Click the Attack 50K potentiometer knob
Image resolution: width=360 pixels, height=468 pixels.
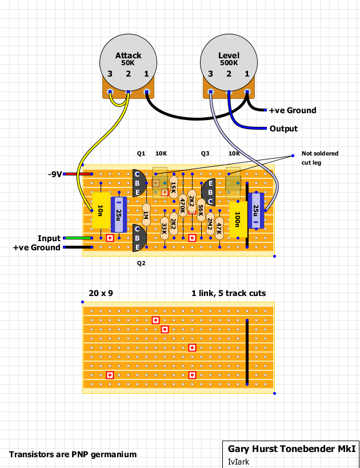pyautogui.click(x=128, y=63)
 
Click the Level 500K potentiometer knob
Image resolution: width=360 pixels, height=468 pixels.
pyautogui.click(x=229, y=63)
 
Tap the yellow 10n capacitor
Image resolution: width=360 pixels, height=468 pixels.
pyautogui.click(x=101, y=210)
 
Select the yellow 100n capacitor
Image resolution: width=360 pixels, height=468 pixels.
pyautogui.click(x=238, y=219)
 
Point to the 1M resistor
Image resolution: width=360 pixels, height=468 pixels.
pyautogui.click(x=146, y=215)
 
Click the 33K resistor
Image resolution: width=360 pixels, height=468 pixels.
pyautogui.click(x=165, y=229)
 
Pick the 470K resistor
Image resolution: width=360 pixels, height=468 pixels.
pyautogui.click(x=183, y=205)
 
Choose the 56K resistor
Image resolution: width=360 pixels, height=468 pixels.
pyautogui.click(x=201, y=210)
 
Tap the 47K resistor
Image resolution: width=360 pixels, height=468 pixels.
pyautogui.click(x=219, y=229)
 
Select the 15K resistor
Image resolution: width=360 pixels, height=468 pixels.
pyautogui.click(x=174, y=187)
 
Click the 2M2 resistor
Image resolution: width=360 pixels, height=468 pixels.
pyautogui.click(x=210, y=224)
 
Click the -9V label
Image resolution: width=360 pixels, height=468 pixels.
pyautogui.click(x=55, y=174)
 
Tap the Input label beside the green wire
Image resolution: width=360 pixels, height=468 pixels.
pyautogui.click(x=49, y=238)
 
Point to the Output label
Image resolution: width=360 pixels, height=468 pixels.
pyautogui.click(x=283, y=129)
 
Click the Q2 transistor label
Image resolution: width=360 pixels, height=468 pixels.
pyautogui.click(x=141, y=263)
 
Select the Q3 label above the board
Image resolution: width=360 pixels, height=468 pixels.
pyautogui.click(x=205, y=153)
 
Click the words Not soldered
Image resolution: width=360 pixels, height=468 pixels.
pyautogui.click(x=320, y=153)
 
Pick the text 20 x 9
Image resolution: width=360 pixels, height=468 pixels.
pyautogui.click(x=101, y=293)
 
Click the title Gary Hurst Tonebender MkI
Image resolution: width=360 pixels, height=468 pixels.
pyautogui.click(x=292, y=449)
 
